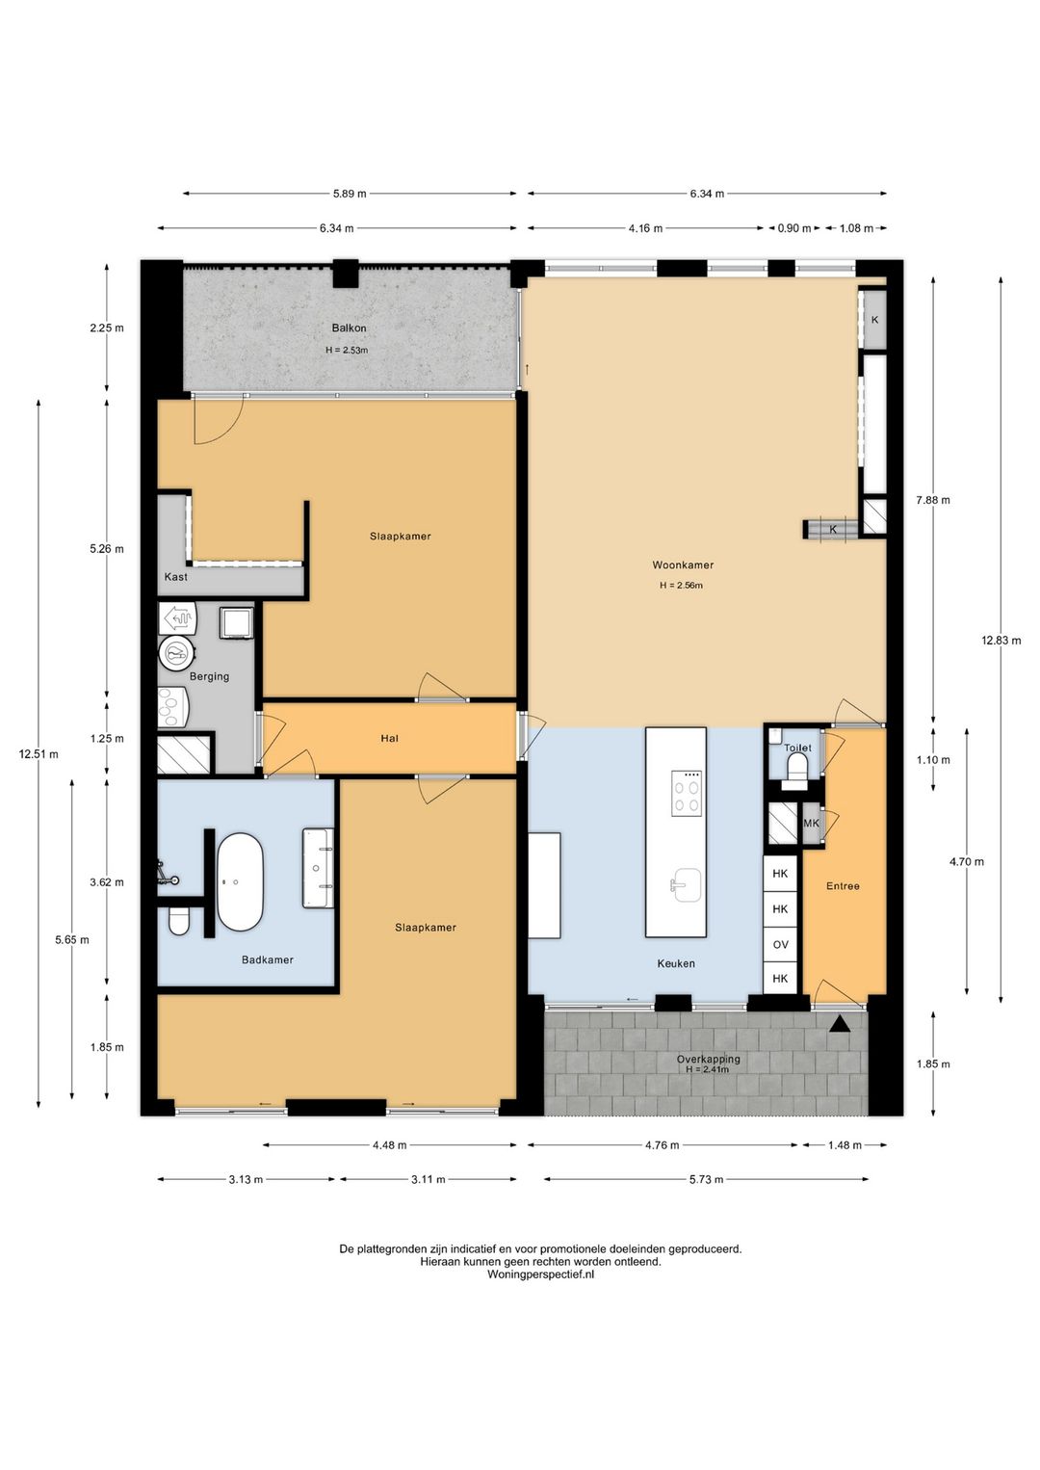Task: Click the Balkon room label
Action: click(x=349, y=328)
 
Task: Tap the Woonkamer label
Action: click(x=683, y=564)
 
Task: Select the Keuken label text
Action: click(x=676, y=963)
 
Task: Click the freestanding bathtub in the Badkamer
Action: click(x=240, y=882)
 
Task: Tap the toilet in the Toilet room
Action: click(x=797, y=769)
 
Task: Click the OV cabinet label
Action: click(x=780, y=944)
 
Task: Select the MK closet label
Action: click(x=811, y=823)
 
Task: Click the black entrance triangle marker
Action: click(x=839, y=1024)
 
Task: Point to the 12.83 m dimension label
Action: click(x=1001, y=641)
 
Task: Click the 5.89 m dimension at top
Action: click(x=350, y=194)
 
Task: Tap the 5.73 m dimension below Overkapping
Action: click(x=706, y=1179)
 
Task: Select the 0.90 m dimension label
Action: click(x=793, y=228)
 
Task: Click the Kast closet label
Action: click(x=176, y=577)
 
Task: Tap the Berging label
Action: click(x=209, y=676)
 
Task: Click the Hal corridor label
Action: click(x=390, y=738)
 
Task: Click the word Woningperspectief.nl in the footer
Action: click(x=540, y=1274)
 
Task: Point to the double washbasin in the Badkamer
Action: click(x=318, y=868)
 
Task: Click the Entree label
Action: click(x=843, y=886)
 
